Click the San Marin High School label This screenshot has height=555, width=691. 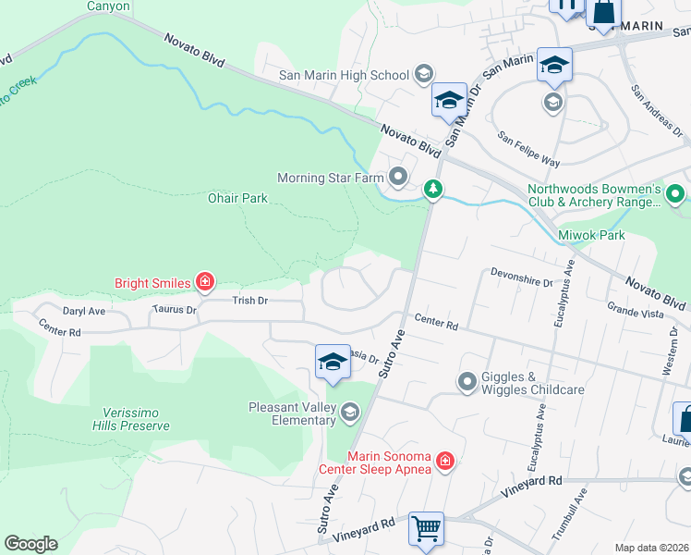345,75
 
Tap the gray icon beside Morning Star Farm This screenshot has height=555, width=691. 399,176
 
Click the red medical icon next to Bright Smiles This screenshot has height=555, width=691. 205,282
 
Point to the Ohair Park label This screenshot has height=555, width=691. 237,198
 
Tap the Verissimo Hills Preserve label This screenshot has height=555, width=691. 130,418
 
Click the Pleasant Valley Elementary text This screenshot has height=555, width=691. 292,413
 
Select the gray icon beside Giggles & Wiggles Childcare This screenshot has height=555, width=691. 467,381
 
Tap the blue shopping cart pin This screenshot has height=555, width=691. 426,531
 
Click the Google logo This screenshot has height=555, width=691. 30,544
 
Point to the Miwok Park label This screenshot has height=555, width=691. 591,235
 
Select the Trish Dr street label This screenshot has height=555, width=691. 249,301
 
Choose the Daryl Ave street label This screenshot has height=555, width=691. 84,312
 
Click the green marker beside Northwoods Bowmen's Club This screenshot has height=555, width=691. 675,194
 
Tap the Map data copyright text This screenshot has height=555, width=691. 652,548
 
